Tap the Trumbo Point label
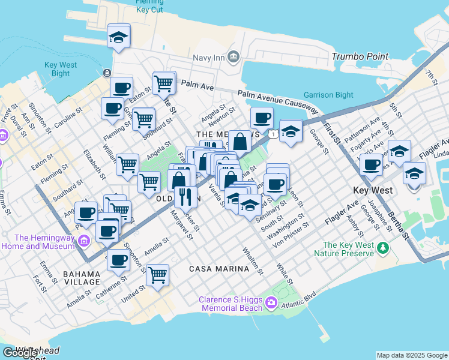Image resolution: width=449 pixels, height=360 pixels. pyautogui.click(x=360, y=57)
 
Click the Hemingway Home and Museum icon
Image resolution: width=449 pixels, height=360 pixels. pyautogui.click(x=83, y=241)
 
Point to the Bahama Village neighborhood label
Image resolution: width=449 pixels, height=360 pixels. pyautogui.click(x=82, y=277)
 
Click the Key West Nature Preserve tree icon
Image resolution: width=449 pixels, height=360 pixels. pyautogui.click(x=382, y=246)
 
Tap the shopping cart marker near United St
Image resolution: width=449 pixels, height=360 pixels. pyautogui.click(x=157, y=275)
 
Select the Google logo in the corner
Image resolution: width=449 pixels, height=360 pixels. pyautogui.click(x=20, y=353)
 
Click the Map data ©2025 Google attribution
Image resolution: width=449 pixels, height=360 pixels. pyautogui.click(x=411, y=355)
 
